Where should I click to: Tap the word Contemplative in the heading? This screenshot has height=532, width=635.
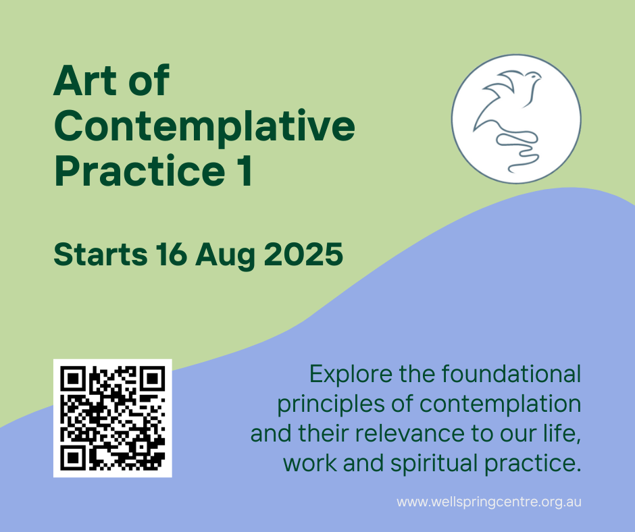point(205,126)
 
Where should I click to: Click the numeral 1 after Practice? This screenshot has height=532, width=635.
point(245,171)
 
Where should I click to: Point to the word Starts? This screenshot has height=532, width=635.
point(101,255)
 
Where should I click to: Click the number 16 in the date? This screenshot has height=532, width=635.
point(172,255)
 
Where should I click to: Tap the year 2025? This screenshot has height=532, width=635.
point(304,255)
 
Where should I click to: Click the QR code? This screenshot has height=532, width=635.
point(113,418)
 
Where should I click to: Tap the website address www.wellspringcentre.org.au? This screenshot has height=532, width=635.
point(489,502)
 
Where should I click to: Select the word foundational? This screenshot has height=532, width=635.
point(511,374)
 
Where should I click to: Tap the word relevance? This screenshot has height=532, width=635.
point(410,433)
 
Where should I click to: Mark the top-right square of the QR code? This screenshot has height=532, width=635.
point(153,379)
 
